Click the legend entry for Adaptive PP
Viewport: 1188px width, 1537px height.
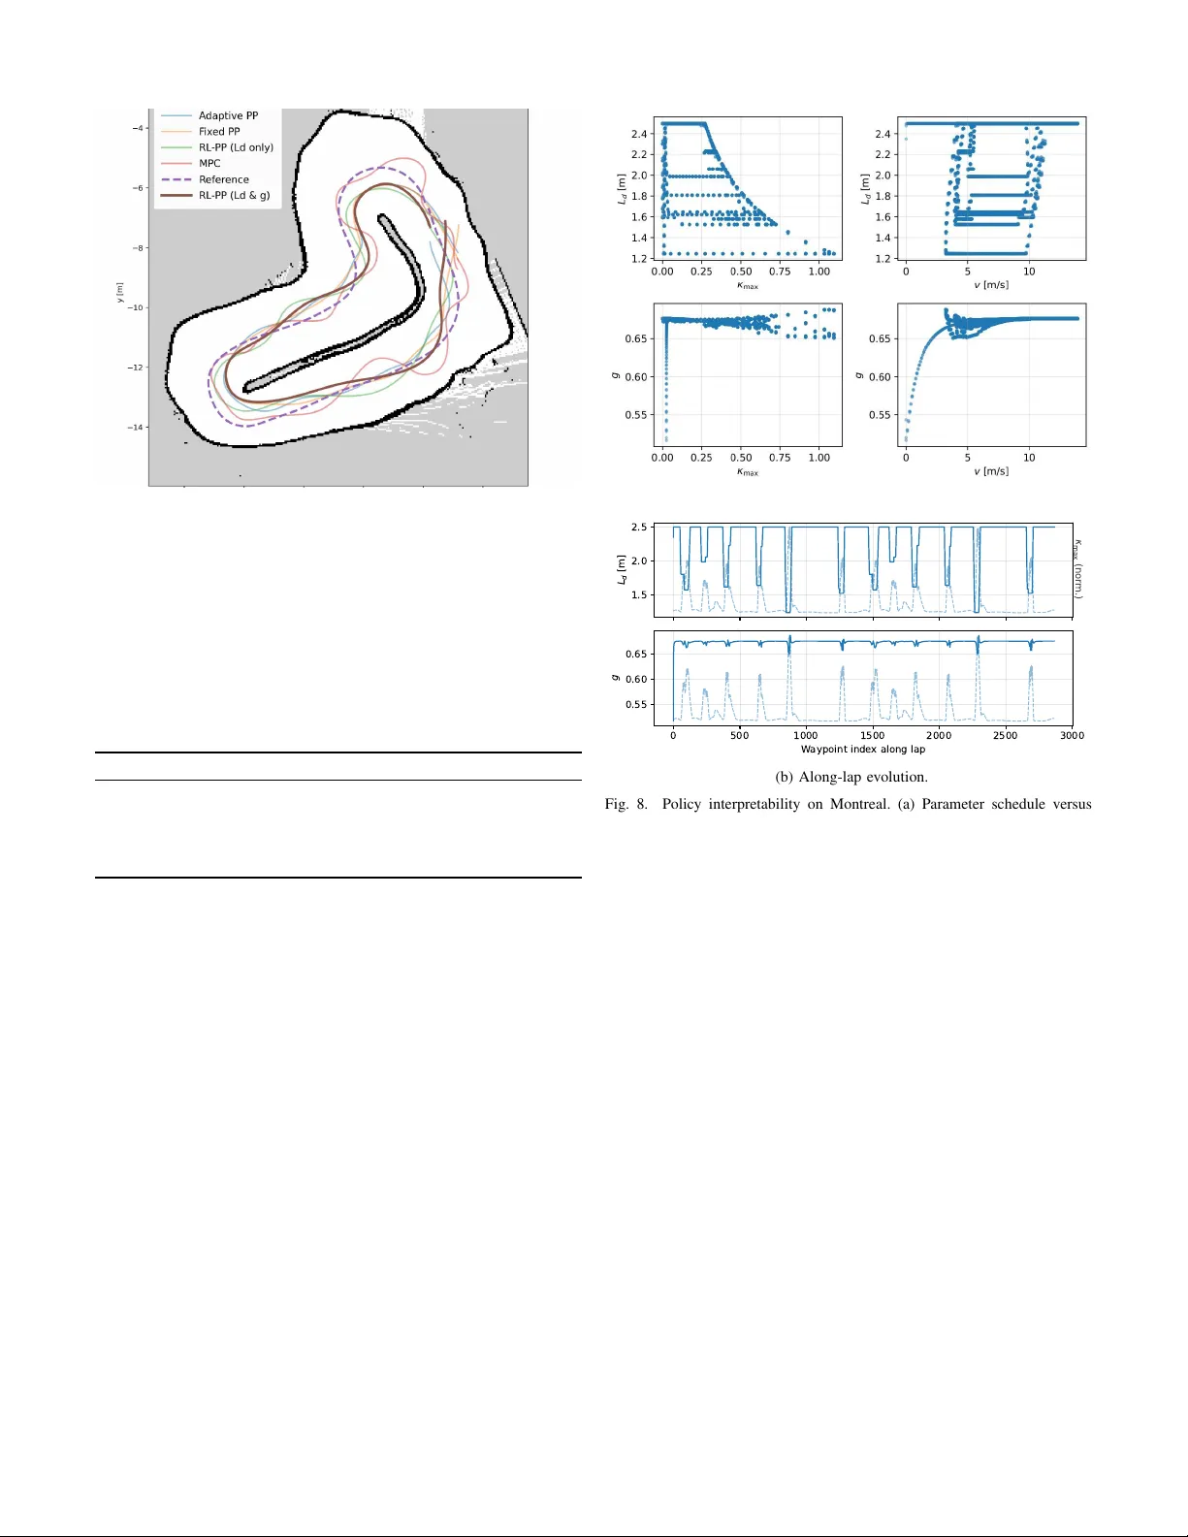coord(228,115)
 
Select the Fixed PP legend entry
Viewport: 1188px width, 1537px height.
coord(219,132)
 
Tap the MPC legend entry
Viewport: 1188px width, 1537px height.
coord(209,164)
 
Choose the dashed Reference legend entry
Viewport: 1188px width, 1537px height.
coord(224,179)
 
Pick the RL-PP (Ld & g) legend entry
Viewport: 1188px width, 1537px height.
coord(234,196)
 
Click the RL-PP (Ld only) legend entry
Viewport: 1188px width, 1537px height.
coord(236,147)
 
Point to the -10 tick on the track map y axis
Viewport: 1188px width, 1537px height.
coord(137,307)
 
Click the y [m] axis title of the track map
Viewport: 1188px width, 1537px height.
coord(120,293)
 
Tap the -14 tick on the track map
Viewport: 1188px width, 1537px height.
coord(137,428)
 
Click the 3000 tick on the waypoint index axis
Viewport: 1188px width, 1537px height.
coord(1072,736)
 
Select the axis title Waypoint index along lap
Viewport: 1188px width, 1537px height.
coord(862,750)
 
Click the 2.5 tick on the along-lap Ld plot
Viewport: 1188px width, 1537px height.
coord(639,528)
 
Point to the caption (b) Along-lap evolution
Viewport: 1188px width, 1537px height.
coord(851,777)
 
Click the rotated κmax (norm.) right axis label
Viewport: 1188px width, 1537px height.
coord(1078,569)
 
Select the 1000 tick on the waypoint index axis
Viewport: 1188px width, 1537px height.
coord(806,736)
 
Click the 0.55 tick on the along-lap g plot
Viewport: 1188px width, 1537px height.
coord(636,705)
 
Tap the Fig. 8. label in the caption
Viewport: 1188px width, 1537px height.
coord(626,805)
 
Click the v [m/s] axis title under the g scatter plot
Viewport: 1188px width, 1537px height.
coord(991,472)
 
